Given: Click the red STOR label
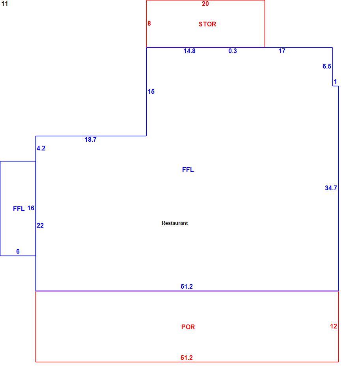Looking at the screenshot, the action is tap(207, 24).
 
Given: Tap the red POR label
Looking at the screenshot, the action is tap(188, 327).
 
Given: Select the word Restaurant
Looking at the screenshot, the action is tap(175, 223).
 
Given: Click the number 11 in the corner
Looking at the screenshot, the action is tap(5, 4).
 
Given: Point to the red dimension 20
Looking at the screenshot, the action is tap(205, 4).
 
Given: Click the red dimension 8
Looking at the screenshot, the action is tap(149, 23).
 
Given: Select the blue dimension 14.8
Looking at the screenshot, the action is tap(190, 51).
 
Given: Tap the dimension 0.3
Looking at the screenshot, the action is tap(232, 51).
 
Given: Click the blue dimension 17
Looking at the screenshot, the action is tap(282, 51).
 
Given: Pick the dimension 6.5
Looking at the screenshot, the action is tap(327, 66).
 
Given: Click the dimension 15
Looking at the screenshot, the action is tap(151, 92).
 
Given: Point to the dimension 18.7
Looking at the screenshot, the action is tap(90, 139).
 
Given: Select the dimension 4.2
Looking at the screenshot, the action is tap(41, 148).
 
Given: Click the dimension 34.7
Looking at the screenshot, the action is tap(331, 188).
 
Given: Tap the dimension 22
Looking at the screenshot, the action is tap(40, 225).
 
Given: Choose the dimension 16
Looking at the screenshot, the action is tap(31, 208).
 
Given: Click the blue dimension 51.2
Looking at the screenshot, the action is tap(187, 286).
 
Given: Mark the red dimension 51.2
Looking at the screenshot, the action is tap(187, 358).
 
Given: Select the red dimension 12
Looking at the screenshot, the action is tap(334, 326).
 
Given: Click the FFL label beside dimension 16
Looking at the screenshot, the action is tap(19, 209).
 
